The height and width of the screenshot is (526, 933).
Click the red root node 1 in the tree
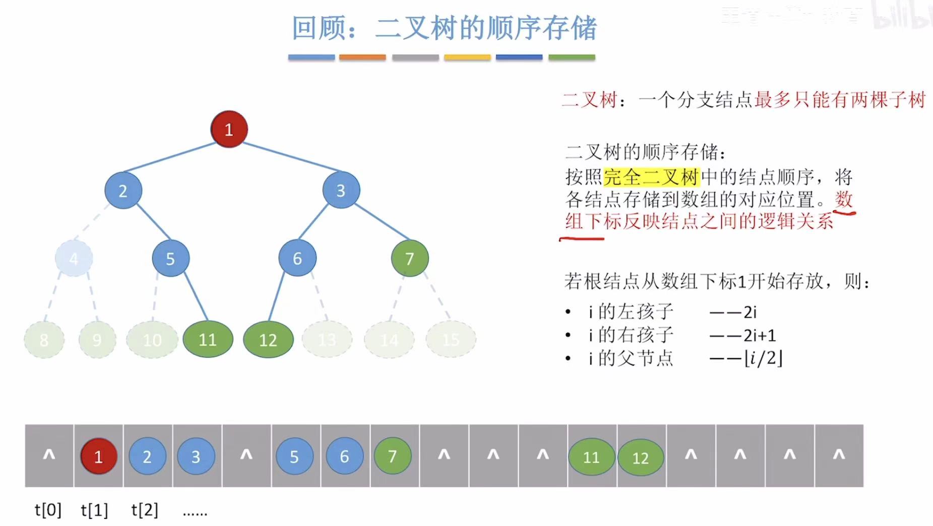click(229, 129)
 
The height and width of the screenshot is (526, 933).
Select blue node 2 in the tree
click(123, 191)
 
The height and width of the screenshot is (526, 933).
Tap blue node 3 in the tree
click(341, 190)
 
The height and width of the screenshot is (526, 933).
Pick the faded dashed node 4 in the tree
click(74, 259)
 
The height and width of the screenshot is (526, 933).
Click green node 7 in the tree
click(410, 258)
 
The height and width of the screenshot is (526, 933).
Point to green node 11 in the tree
click(208, 339)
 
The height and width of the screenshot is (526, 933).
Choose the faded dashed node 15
click(451, 339)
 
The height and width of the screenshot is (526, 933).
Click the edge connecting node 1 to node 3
click(291, 157)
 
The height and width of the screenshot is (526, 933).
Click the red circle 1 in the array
click(98, 456)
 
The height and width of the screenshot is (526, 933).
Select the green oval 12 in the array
click(640, 457)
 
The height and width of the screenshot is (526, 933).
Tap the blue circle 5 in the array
click(294, 456)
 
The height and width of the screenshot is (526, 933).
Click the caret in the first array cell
click(49, 455)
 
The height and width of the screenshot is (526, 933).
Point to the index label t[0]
click(48, 510)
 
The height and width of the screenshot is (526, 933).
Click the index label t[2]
click(145, 510)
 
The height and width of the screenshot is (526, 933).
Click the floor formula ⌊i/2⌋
click(764, 358)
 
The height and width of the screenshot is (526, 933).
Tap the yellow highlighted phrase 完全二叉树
click(651, 177)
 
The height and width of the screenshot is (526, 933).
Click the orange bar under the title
click(362, 57)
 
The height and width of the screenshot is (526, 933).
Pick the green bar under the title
click(572, 57)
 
